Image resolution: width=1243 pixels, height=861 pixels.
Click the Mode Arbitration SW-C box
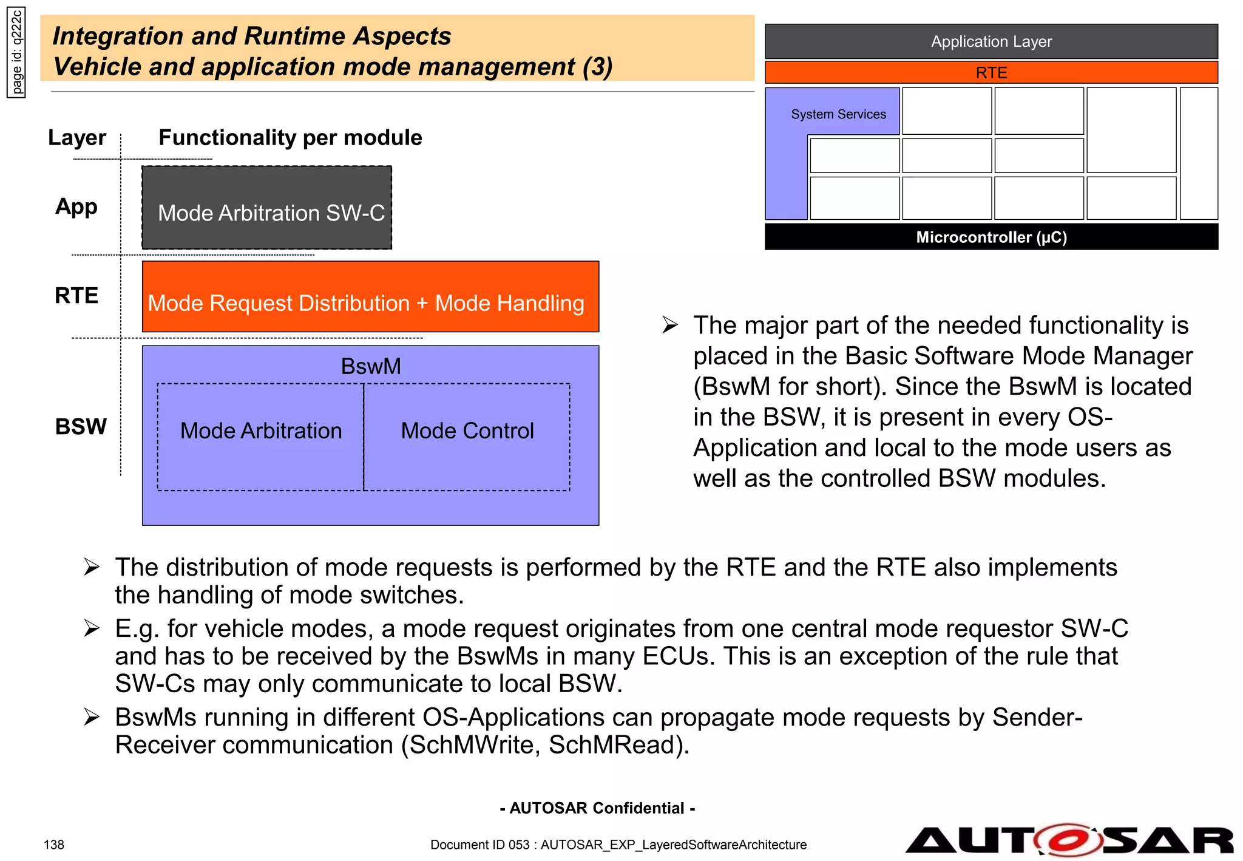267,208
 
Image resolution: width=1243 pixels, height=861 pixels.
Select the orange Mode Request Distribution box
370,297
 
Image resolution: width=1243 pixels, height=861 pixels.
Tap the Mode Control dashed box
467,437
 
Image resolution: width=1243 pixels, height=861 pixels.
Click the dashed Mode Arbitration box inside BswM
261,437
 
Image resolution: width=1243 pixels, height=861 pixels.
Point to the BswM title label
371,367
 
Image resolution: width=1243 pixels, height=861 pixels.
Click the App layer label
76,207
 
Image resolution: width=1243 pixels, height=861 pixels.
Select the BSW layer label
81,427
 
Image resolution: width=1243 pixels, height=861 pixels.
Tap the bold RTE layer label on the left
76,296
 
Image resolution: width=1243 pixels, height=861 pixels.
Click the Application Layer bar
991,42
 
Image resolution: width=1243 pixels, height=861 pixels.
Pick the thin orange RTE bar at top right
991,73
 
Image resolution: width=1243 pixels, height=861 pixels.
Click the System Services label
838,114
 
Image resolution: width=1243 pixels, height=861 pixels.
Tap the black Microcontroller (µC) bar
991,237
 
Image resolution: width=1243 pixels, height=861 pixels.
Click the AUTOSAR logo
1069,840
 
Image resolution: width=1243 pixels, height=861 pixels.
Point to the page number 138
54,845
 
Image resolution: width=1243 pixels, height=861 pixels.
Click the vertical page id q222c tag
16,53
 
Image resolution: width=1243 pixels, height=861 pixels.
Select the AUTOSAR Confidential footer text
597,808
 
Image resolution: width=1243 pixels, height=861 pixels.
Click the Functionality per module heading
290,138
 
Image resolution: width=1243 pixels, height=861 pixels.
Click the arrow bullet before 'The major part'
670,325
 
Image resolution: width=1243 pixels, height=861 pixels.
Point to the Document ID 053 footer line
618,845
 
